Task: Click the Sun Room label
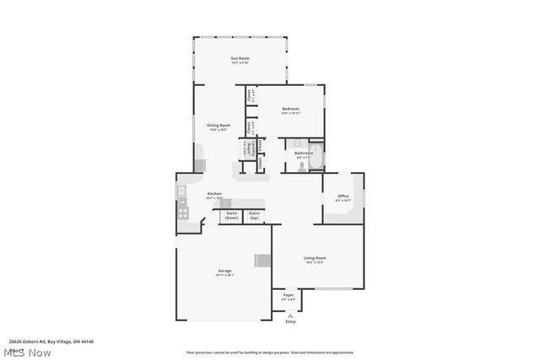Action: [240, 59]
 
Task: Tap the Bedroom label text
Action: [291, 110]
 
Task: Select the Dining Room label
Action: [219, 126]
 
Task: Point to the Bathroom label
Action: [303, 154]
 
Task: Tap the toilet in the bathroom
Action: [302, 167]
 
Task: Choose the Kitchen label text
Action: [214, 195]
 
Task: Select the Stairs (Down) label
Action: [231, 216]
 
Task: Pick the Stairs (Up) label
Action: [254, 216]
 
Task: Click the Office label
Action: [343, 198]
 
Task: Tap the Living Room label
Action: [315, 259]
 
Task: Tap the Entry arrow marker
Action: [291, 314]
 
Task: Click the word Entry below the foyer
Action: [291, 321]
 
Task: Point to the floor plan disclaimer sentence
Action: [270, 352]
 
